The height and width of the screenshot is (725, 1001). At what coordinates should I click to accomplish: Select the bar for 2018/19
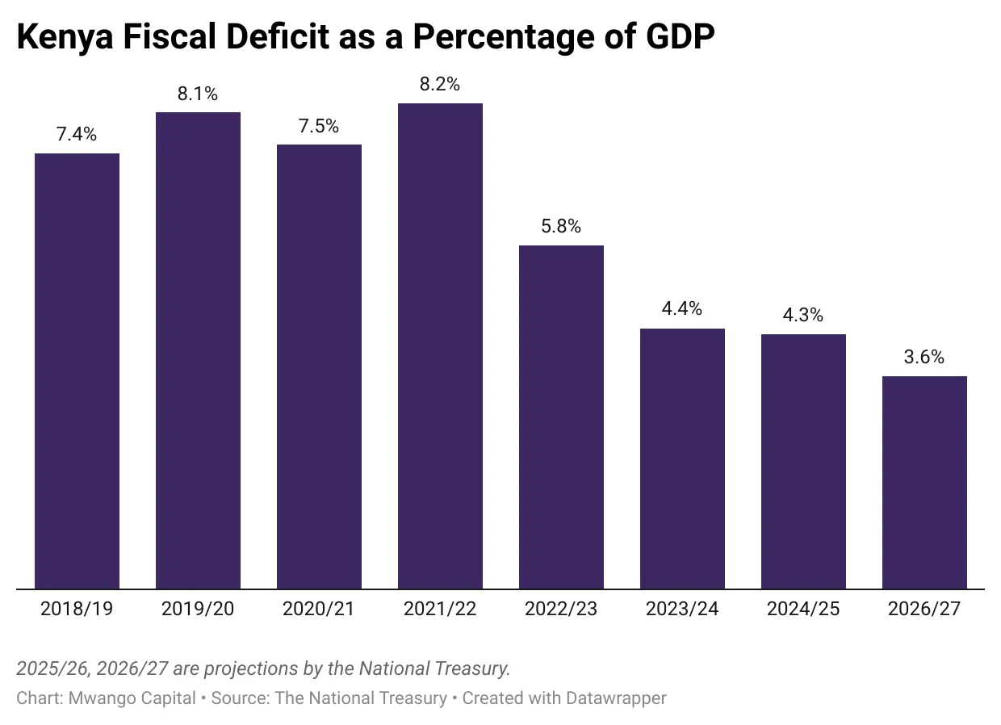click(77, 371)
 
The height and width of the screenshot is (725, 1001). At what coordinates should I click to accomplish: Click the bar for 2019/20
click(198, 350)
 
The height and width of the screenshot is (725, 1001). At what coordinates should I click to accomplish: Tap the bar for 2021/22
click(440, 346)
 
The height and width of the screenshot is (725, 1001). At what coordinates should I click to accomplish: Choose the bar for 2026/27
click(924, 483)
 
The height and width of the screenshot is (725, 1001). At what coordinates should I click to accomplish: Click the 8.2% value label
click(440, 84)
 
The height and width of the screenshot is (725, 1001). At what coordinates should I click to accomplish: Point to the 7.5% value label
click(319, 126)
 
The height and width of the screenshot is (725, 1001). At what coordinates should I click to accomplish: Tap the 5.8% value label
click(561, 226)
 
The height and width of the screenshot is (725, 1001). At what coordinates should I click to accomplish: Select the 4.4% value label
click(682, 308)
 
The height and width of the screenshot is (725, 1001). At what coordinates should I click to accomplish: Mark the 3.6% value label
click(924, 357)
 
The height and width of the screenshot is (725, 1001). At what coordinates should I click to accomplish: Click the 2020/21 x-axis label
click(319, 609)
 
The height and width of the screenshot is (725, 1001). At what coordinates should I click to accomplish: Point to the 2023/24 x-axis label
click(682, 609)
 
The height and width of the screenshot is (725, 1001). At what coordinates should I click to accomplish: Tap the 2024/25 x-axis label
click(803, 609)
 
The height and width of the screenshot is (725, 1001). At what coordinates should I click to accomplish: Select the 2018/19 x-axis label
click(77, 609)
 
